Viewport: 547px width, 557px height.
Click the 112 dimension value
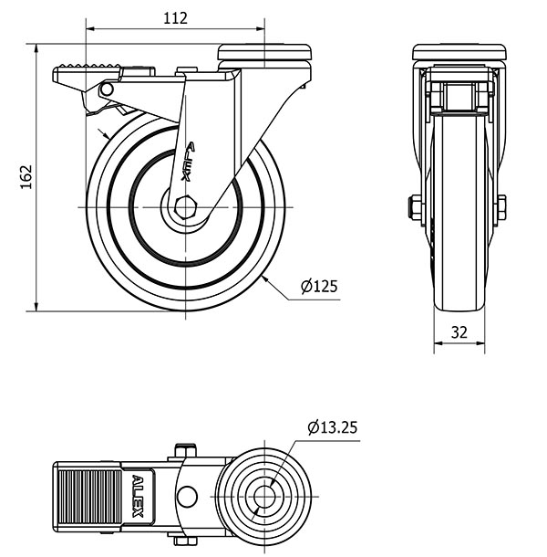click(x=175, y=18)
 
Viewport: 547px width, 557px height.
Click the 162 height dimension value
click(x=26, y=176)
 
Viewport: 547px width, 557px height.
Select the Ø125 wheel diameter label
click(x=319, y=286)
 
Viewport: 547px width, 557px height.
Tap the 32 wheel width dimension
click(x=459, y=332)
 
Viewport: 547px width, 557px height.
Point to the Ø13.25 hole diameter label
click(x=333, y=427)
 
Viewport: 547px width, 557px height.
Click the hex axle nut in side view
click(x=184, y=207)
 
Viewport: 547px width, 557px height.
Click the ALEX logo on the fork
click(x=189, y=162)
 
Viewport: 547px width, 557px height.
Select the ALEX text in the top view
click(x=138, y=496)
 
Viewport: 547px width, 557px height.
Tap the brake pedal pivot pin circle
click(x=106, y=89)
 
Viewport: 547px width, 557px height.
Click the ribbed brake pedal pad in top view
click(x=89, y=497)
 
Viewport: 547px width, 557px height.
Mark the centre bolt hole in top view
click(x=264, y=497)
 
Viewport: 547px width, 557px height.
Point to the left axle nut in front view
click(x=414, y=207)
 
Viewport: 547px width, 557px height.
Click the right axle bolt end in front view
click(x=501, y=207)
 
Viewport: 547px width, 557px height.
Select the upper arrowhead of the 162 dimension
click(x=36, y=49)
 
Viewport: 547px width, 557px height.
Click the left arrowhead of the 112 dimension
click(x=91, y=29)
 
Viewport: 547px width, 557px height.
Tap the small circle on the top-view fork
click(x=187, y=497)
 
